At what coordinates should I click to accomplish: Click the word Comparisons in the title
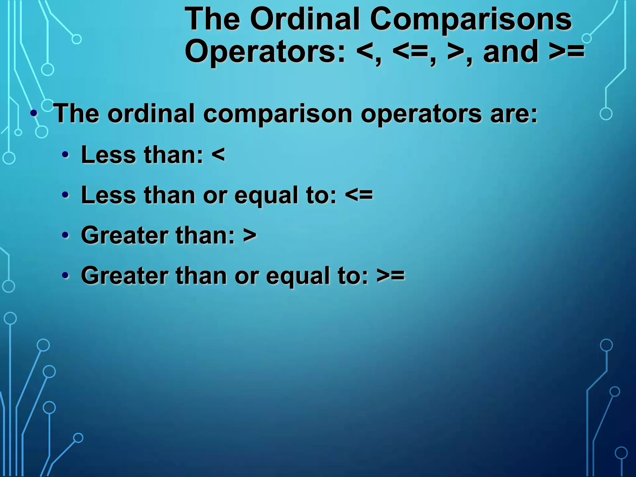point(470,19)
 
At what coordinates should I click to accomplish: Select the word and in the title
point(511,52)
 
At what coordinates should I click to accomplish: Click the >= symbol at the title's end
point(566,52)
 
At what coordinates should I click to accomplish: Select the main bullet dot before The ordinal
point(34,113)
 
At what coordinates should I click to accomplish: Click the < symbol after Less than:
point(218,155)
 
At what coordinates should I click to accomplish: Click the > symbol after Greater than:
point(250,235)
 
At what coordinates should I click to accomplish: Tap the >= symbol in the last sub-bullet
point(391,275)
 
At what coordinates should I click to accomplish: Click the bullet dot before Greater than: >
point(65,235)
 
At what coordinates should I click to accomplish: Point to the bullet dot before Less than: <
point(65,155)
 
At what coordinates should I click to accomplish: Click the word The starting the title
point(212,19)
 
